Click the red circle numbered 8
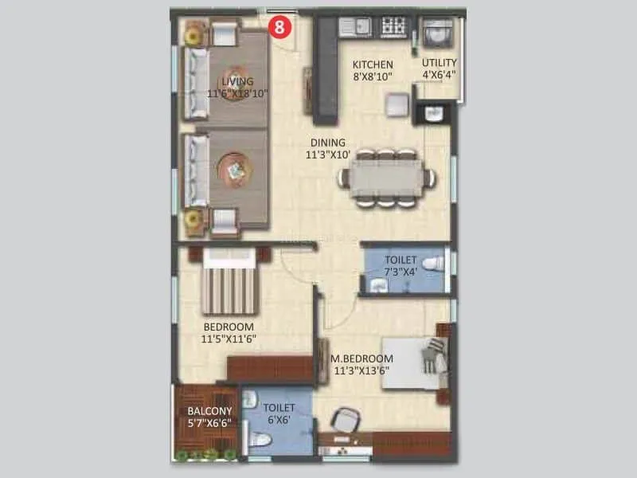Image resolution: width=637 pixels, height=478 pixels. click(x=279, y=26)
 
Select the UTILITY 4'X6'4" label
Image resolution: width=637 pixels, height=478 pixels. click(x=440, y=69)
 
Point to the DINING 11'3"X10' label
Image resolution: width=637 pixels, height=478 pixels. click(x=328, y=149)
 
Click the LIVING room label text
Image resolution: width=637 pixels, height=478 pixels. click(x=237, y=87)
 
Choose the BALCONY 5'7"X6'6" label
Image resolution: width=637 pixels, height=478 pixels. click(x=209, y=417)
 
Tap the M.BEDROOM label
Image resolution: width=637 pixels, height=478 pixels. click(x=361, y=364)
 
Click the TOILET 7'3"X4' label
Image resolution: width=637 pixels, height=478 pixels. click(x=400, y=266)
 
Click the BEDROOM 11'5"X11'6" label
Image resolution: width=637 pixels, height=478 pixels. click(x=229, y=333)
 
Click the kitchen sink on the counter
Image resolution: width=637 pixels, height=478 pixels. click(x=354, y=27)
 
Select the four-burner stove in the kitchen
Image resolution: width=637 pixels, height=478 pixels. click(x=393, y=27)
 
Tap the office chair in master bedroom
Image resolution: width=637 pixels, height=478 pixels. click(x=345, y=420)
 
